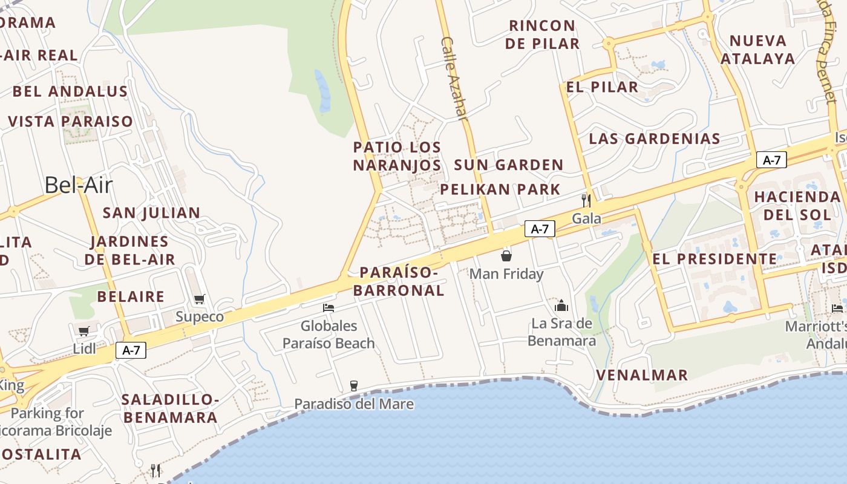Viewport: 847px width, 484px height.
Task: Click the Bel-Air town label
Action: pyautogui.click(x=79, y=185)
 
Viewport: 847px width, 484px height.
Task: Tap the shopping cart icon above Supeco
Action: pyautogui.click(x=199, y=299)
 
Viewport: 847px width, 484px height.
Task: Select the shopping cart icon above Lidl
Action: pyautogui.click(x=84, y=331)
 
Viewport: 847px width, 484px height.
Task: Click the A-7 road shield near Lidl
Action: pyautogui.click(x=131, y=350)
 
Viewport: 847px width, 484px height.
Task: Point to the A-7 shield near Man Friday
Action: pyautogui.click(x=540, y=229)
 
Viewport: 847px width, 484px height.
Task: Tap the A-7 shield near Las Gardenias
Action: pyautogui.click(x=771, y=160)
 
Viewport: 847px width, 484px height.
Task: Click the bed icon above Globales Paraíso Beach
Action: pyautogui.click(x=329, y=308)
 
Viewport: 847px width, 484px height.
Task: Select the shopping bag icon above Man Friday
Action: pyautogui.click(x=506, y=256)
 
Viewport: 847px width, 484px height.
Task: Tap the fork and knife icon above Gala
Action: pyautogui.click(x=586, y=200)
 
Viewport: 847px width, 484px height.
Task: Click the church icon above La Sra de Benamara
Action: pyautogui.click(x=561, y=305)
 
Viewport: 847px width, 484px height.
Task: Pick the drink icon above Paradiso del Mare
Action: pyautogui.click(x=354, y=385)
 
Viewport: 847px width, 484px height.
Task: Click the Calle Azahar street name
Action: pyautogui.click(x=455, y=79)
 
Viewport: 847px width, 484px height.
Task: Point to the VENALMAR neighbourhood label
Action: pyautogui.click(x=642, y=375)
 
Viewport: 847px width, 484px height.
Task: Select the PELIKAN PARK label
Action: pyautogui.click(x=500, y=189)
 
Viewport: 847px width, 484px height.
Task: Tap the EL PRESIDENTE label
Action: pyautogui.click(x=715, y=259)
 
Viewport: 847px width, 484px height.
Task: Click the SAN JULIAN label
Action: pyautogui.click(x=151, y=213)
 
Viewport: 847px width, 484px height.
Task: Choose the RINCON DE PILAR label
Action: pyautogui.click(x=543, y=34)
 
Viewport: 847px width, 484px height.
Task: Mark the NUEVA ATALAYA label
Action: pyautogui.click(x=757, y=50)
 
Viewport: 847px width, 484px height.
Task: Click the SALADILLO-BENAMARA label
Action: pyautogui.click(x=169, y=408)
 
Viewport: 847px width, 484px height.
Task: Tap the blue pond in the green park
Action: pyautogui.click(x=322, y=91)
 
